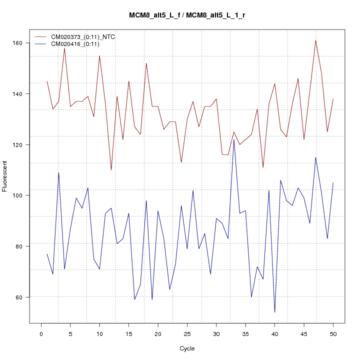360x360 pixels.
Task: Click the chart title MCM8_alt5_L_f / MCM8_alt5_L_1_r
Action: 187,15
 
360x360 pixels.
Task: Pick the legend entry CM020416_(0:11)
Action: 75,44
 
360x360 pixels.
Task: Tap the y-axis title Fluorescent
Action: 5,176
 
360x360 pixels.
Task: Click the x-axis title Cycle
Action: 187,348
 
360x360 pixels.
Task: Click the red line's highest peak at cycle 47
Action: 315,40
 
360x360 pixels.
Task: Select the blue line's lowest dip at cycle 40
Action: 274,312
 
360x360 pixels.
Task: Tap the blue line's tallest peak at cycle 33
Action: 234,139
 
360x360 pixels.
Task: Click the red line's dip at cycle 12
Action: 111,170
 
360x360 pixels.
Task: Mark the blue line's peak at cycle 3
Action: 58,172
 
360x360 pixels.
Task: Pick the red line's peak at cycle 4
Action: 64,48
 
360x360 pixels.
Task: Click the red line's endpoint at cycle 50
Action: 333,99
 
